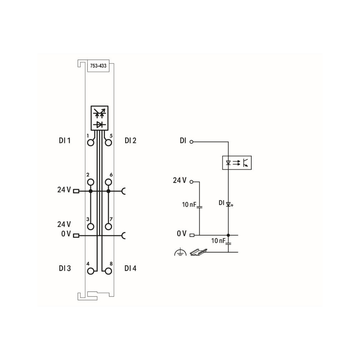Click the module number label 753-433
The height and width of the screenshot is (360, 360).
click(98, 66)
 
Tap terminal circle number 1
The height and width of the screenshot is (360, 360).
click(91, 143)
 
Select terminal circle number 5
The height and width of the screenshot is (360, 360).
click(108, 143)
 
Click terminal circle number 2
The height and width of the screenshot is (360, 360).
click(91, 182)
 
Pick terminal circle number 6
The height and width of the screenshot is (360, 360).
click(108, 182)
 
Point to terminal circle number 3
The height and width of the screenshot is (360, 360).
click(91, 227)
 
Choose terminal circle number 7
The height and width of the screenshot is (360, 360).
click(108, 227)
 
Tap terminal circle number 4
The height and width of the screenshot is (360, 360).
click(91, 271)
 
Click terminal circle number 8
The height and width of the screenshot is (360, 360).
click(108, 271)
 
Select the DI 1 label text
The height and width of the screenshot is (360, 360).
click(65, 140)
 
